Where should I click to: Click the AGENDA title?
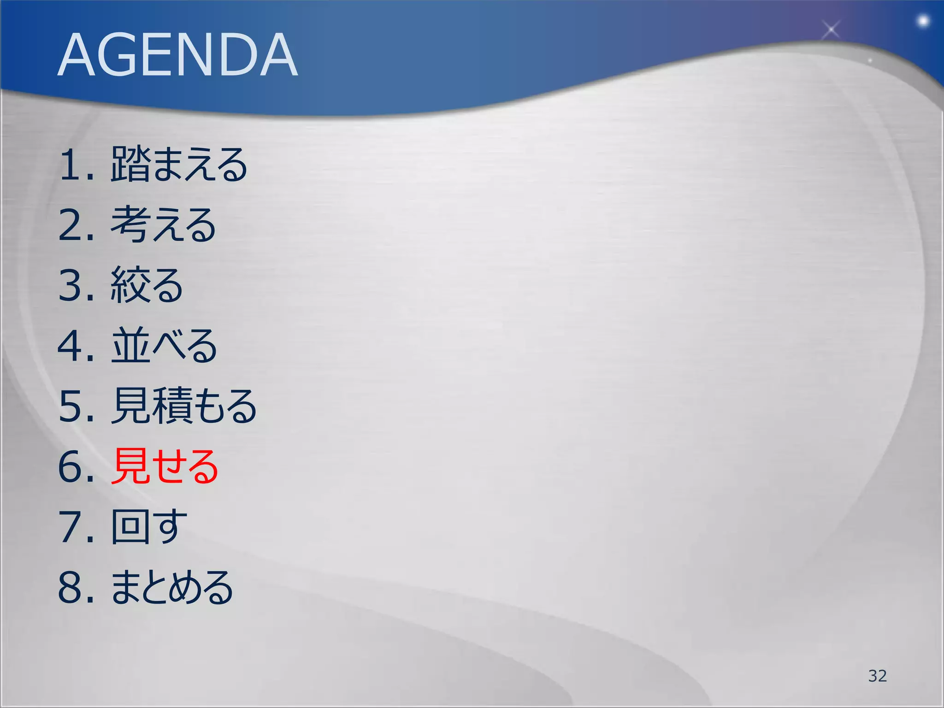(177, 55)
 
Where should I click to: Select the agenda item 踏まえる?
(179, 165)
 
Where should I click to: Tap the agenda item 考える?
(163, 225)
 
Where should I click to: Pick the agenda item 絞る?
(147, 285)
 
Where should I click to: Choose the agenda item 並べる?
(164, 346)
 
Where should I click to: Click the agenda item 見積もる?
(184, 406)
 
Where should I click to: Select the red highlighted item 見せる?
(165, 466)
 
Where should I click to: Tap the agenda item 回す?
(149, 527)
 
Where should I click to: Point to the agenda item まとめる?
(172, 587)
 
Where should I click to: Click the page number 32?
(877, 676)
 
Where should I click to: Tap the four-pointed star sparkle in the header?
(831, 30)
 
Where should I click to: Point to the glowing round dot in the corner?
(923, 21)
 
